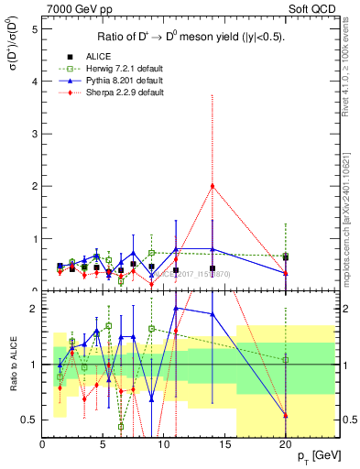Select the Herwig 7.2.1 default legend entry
119,69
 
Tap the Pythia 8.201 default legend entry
119,81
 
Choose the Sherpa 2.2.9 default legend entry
119,93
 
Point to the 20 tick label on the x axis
285,444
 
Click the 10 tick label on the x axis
163,444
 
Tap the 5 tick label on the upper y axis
34,28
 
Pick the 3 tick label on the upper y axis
34,134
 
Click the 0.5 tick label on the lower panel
29,420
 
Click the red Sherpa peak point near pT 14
213,186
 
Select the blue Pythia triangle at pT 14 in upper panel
213,248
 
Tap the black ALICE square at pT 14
213,268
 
